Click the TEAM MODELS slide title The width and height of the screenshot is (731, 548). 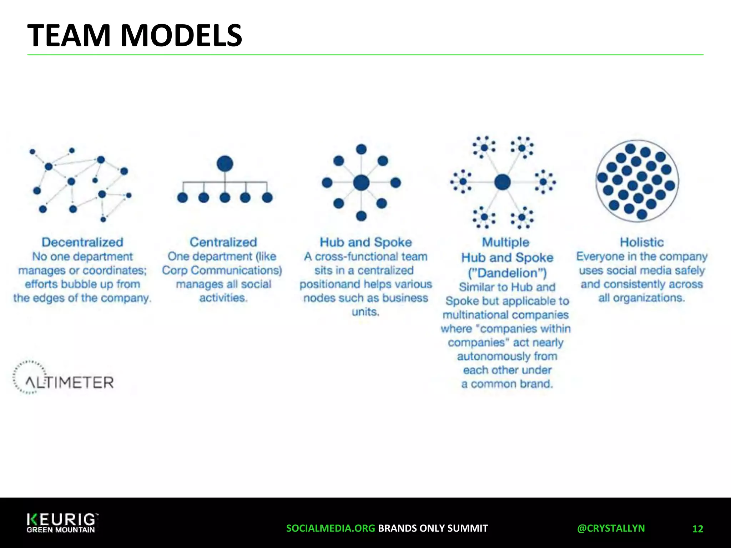point(135,35)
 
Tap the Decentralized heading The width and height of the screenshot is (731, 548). point(82,242)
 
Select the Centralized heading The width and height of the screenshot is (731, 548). point(223,242)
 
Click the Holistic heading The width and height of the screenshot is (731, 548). point(641,242)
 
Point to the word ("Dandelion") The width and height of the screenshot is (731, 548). point(507,273)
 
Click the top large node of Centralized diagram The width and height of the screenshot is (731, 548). point(225,164)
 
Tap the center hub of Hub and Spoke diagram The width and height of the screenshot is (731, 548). point(361,183)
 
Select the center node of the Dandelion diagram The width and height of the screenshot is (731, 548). point(502,182)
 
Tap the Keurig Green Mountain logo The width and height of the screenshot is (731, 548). point(61,523)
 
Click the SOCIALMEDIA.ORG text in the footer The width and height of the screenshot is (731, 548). point(331,528)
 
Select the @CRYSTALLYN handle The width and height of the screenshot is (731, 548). point(611,528)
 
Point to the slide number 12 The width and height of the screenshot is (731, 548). point(697,529)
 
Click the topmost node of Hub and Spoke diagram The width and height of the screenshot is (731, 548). point(361,149)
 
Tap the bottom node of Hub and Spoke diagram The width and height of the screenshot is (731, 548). point(361,216)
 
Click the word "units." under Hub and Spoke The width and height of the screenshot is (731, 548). point(365,312)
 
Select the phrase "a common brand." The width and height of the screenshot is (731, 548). point(507,384)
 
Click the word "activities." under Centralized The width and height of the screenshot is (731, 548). point(223,298)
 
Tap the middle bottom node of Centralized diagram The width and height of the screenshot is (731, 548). point(225,197)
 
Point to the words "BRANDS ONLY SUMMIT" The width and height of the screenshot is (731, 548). point(433,528)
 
